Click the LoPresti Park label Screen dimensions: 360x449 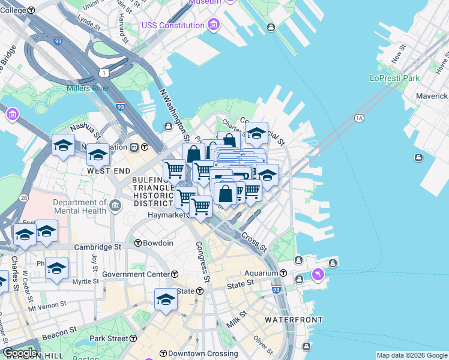394,78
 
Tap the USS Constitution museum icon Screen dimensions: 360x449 214,25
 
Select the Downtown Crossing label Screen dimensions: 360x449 197,353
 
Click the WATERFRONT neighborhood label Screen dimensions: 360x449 294,320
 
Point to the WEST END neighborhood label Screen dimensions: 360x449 109,171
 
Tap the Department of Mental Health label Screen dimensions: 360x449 79,206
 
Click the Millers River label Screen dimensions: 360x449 88,89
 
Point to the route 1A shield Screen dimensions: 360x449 360,118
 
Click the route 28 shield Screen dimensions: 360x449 23,197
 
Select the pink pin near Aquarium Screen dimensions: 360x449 318,275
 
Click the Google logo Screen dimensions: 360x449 20,352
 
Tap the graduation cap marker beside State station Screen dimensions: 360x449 166,299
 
